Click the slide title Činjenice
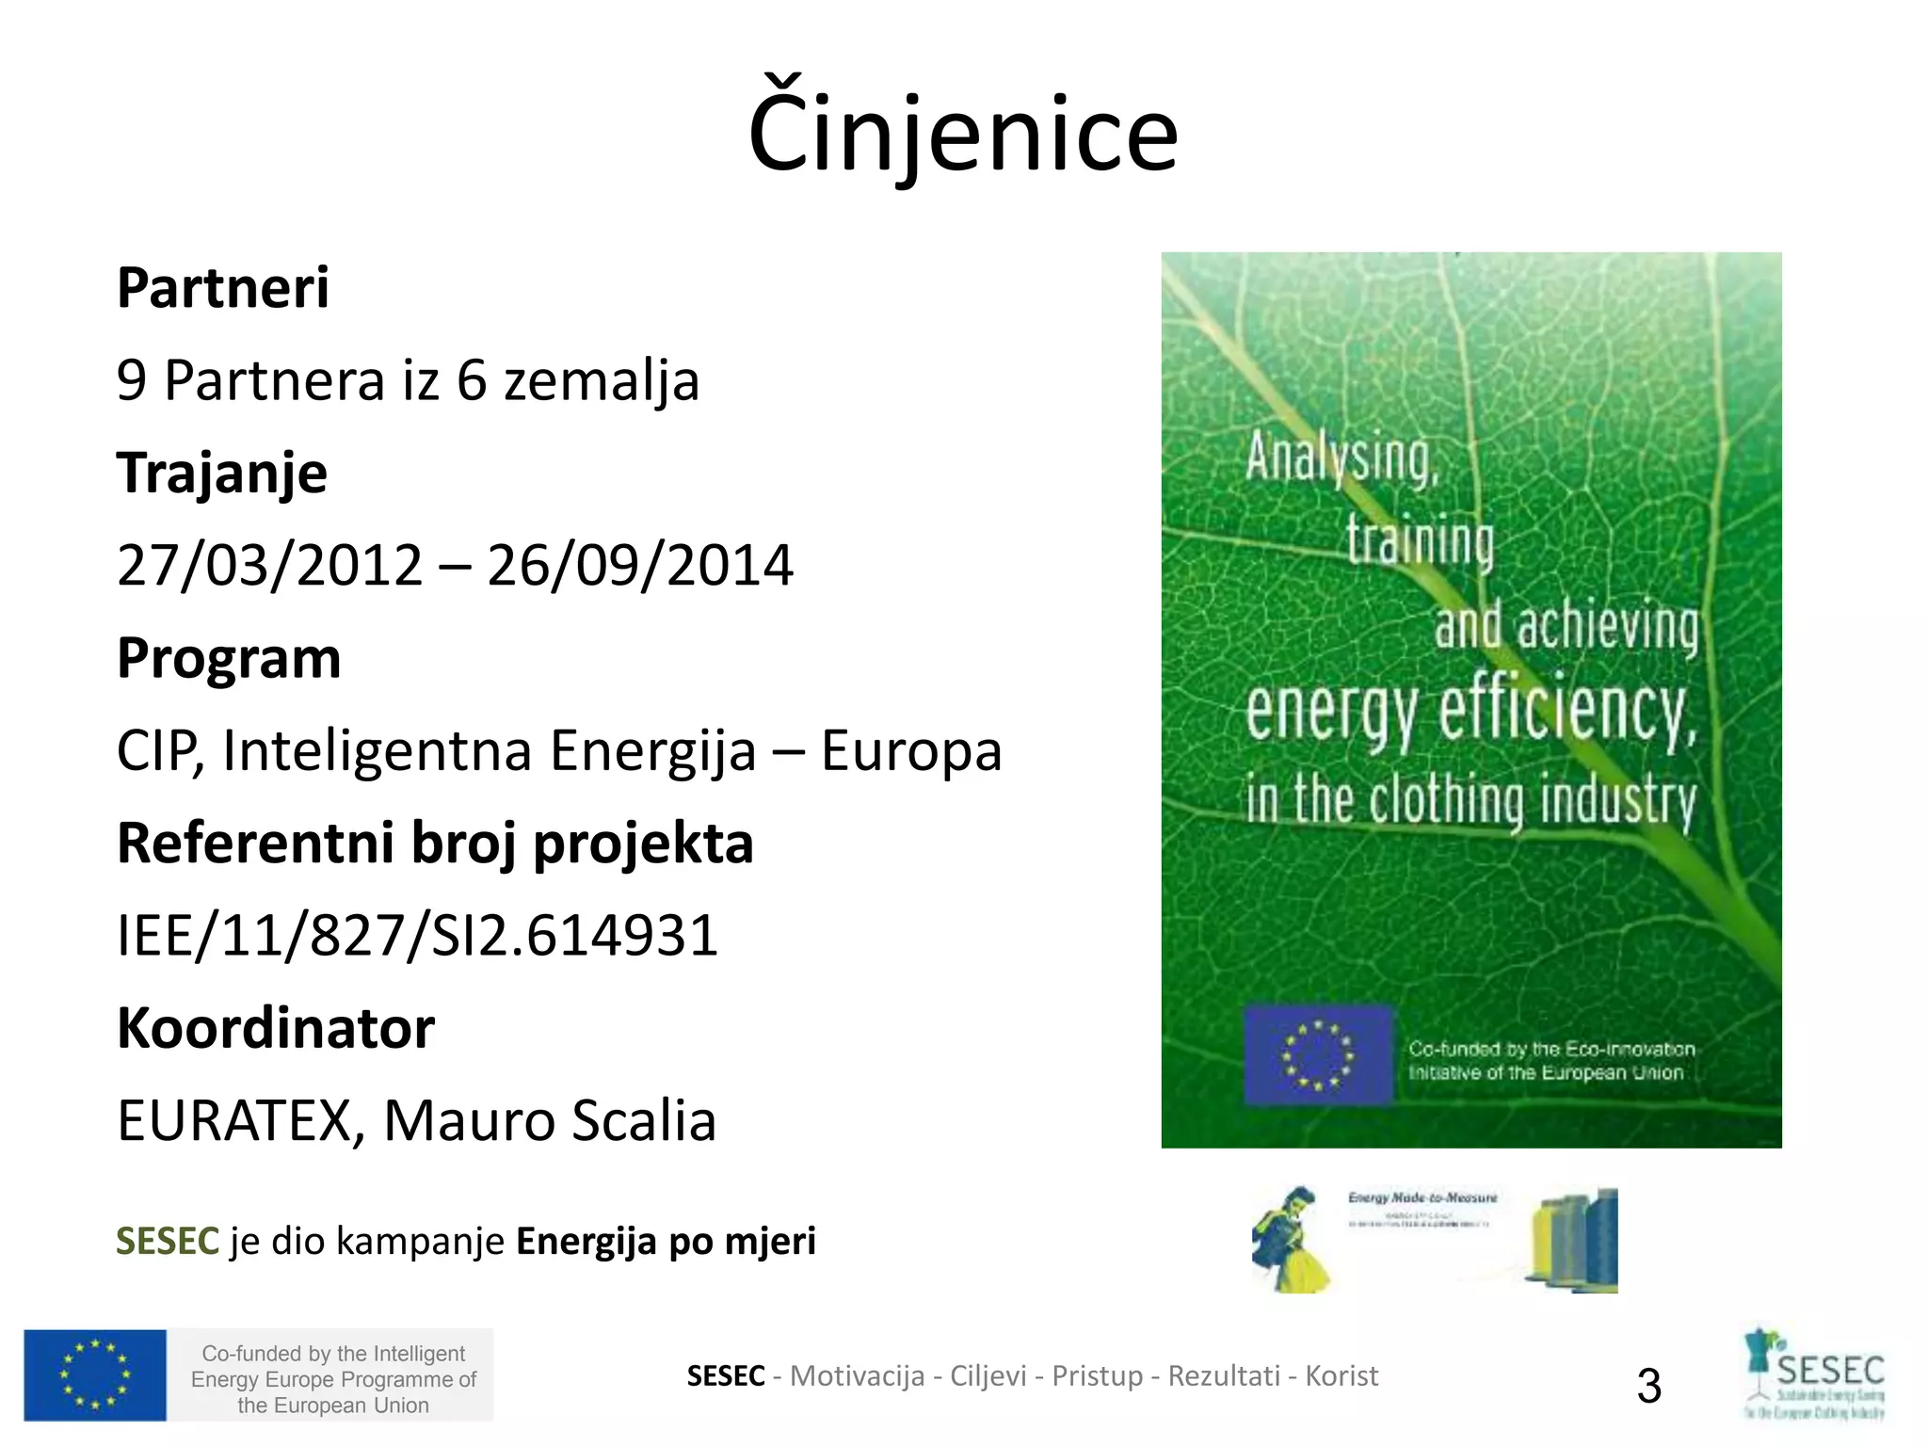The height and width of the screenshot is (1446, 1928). pos(962,132)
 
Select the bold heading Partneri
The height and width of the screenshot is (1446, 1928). pos(223,287)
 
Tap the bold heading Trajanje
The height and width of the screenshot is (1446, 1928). pos(222,473)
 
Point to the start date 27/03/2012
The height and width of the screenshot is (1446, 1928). pos(270,566)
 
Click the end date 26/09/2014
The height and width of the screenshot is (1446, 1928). pos(640,566)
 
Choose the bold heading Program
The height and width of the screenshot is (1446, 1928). pos(229,657)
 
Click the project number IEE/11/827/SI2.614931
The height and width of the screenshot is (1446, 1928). pos(417,936)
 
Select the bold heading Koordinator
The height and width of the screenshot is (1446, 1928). pos(276,1027)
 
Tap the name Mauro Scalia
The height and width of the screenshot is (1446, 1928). pos(550,1120)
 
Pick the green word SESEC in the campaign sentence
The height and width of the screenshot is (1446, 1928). pos(168,1242)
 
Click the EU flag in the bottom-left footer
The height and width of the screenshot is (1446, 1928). pos(95,1374)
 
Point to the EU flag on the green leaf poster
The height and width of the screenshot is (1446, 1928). pos(1317,1055)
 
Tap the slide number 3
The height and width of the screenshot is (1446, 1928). pos(1648,1386)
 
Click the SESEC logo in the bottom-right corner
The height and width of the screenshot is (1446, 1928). pos(1815,1374)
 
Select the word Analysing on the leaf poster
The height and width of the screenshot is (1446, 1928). pos(1342,459)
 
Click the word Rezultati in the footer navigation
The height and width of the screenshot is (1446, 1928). pos(1224,1376)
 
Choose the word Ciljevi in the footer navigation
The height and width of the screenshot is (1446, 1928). pos(988,1376)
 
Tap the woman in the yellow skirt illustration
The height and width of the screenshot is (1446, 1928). pos(1291,1241)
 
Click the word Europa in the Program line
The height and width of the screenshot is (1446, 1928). pos(911,751)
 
